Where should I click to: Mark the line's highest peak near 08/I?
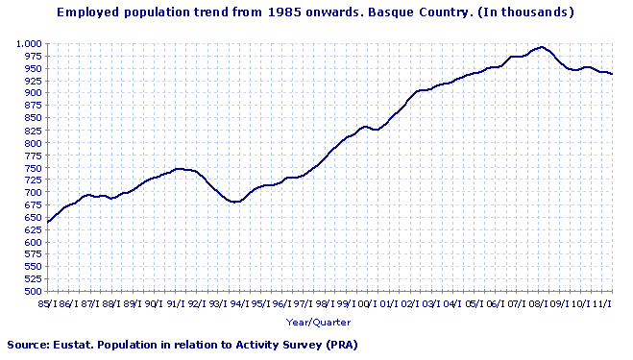tap(542, 47)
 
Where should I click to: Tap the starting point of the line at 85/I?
tap(48, 223)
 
